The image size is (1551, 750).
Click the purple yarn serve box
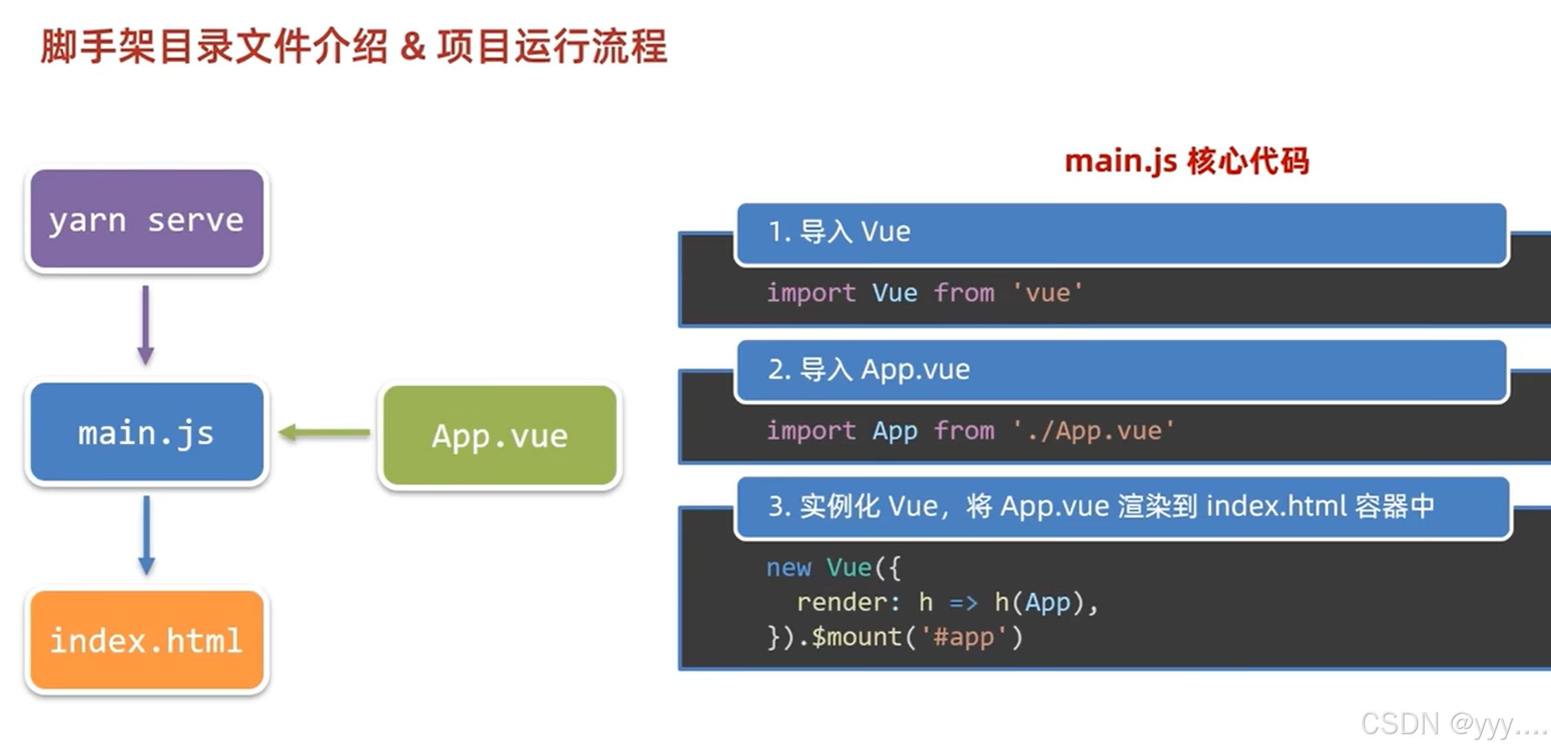[x=147, y=219]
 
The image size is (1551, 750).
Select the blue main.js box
[x=147, y=432]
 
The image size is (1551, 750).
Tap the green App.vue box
[x=500, y=436]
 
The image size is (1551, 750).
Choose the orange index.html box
[x=147, y=640]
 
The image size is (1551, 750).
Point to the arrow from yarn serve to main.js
[x=145, y=325]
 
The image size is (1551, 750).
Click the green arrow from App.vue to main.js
[x=324, y=433]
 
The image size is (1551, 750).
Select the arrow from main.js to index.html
[x=147, y=535]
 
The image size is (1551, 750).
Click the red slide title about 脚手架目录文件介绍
[x=354, y=47]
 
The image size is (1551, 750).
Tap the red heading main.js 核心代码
[x=1186, y=162]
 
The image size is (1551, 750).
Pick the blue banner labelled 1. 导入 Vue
[x=1122, y=233]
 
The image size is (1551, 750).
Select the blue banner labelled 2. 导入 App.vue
[x=1122, y=370]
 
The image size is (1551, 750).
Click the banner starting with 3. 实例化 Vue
[x=1123, y=507]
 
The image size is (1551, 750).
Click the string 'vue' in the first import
[x=1048, y=293]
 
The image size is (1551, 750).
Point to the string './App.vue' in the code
[x=1094, y=431]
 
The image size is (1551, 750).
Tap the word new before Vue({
[x=789, y=568]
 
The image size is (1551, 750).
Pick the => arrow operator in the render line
[x=963, y=603]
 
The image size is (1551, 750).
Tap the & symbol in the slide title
[x=412, y=47]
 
